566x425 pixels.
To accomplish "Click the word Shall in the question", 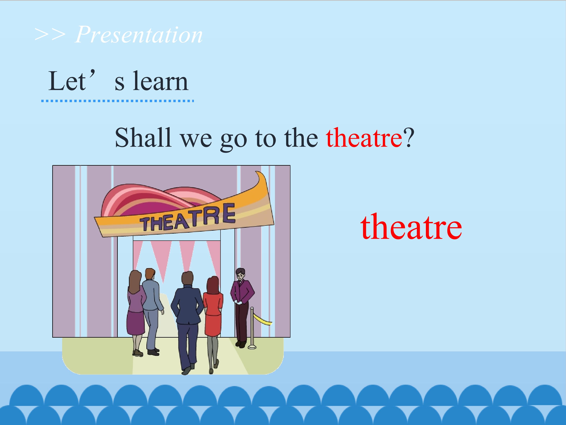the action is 143,138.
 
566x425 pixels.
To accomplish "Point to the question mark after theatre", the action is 408,138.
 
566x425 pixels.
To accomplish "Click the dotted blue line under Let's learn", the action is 118,101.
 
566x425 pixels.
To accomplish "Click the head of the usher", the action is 240,274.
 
